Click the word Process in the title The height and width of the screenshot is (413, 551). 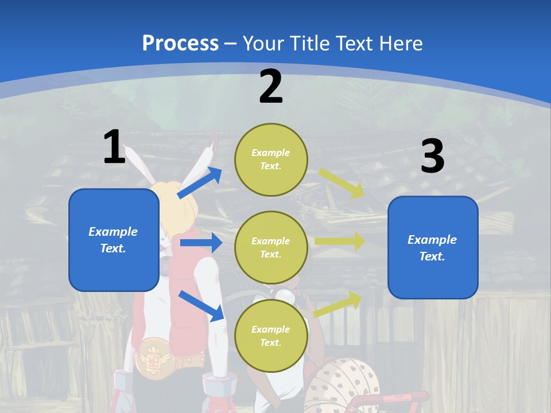(180, 43)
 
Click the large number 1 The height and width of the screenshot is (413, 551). (114, 147)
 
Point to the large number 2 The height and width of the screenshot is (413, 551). (271, 86)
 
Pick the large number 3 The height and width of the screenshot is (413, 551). (433, 157)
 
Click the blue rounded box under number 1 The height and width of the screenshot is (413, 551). (114, 240)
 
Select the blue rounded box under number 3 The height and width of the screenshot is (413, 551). (433, 247)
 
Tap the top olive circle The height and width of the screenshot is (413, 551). (271, 159)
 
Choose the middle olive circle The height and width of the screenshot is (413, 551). (271, 247)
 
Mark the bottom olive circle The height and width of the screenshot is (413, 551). (271, 336)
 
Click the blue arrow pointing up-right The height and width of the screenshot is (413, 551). (199, 183)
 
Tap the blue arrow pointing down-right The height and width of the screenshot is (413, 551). (201, 306)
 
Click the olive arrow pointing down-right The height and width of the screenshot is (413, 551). (341, 183)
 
